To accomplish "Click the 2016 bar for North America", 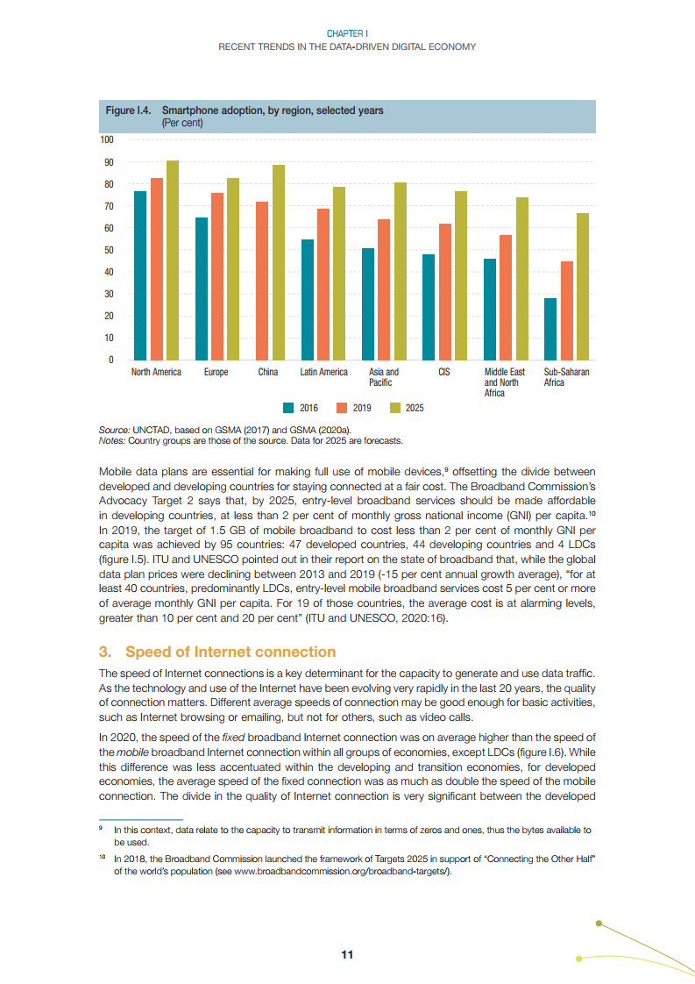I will [140, 275].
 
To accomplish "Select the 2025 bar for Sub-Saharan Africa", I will [583, 286].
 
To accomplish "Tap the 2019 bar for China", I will [261, 281].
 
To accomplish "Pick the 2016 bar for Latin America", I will [308, 299].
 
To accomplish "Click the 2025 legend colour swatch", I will [394, 408].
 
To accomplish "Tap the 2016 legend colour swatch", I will [288, 408].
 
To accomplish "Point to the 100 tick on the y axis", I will [106, 140].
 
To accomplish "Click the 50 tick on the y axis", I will [109, 250].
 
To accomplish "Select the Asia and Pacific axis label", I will [384, 377].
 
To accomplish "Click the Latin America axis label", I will [323, 373].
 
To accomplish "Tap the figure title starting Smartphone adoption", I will [273, 111].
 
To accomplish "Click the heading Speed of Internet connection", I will [230, 652].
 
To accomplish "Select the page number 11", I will [347, 955].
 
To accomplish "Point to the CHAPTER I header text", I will [347, 33].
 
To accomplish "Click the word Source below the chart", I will [114, 431].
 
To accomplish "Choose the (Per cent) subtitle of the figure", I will [182, 123].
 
